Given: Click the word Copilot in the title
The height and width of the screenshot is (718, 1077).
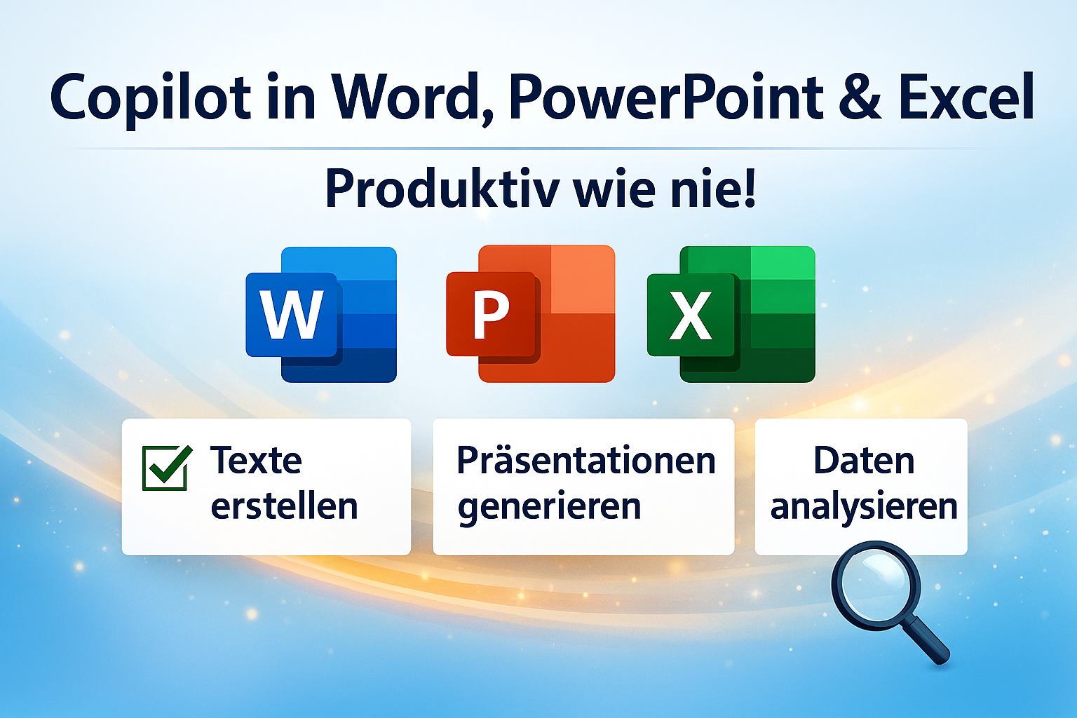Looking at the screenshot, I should click(x=150, y=98).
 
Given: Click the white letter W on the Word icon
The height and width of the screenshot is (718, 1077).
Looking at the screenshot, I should click(x=292, y=315).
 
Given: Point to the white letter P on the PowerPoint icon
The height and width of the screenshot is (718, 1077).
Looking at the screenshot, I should click(x=491, y=316).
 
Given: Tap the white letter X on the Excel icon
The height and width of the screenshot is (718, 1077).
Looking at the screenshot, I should click(x=691, y=316).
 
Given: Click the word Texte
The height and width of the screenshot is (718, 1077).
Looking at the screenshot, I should click(x=256, y=461).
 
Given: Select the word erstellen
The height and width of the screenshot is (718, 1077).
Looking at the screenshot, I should click(x=284, y=506).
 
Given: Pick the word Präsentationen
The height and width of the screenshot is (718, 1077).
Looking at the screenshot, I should click(x=586, y=461).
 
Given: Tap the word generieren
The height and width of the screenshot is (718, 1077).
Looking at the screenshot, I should click(x=549, y=507).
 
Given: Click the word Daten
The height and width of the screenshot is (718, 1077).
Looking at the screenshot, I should click(x=864, y=461).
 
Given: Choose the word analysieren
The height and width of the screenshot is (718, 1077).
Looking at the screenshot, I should click(x=864, y=506).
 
